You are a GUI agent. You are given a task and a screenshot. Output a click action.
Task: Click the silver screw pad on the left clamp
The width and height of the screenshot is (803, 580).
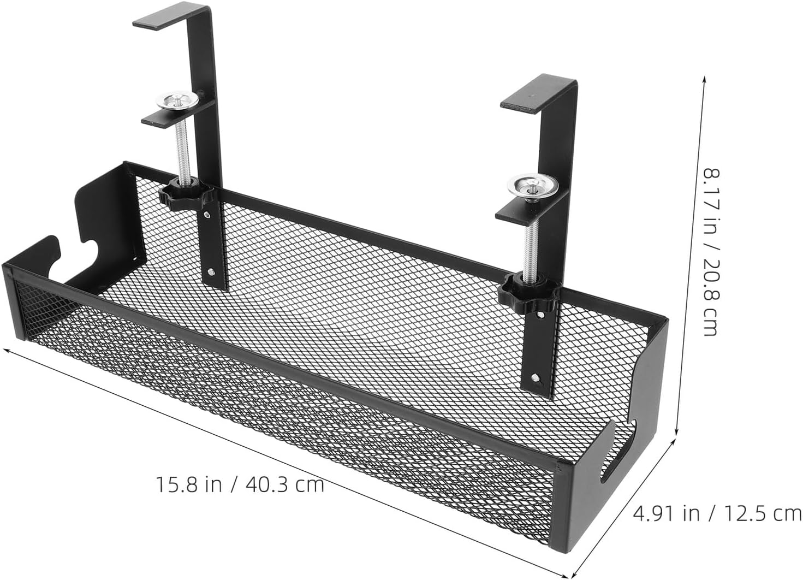coord(177,101)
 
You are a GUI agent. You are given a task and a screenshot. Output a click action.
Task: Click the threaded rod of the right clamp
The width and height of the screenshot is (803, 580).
coord(530,240)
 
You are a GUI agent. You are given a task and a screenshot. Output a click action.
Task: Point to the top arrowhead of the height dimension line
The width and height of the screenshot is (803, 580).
coord(704,80)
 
